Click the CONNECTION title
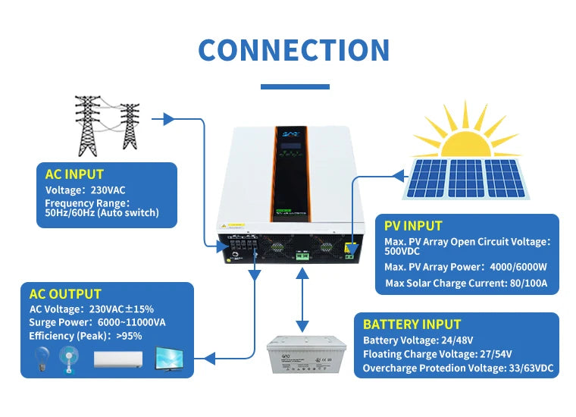click(x=293, y=50)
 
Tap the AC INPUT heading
click(x=74, y=174)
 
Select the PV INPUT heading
click(x=413, y=225)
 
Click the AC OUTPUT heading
click(x=65, y=293)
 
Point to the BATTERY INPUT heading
click(x=412, y=324)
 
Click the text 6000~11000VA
click(x=129, y=322)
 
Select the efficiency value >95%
click(x=129, y=336)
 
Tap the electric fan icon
click(x=70, y=360)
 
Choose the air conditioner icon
click(x=118, y=359)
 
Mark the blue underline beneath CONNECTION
click(x=294, y=86)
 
